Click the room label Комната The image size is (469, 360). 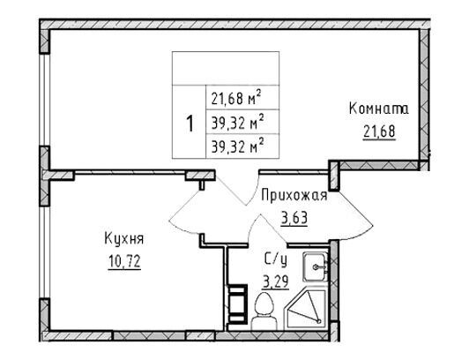pos(379,109)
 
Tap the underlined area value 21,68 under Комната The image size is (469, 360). pos(380,131)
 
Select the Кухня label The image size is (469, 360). pos(123,239)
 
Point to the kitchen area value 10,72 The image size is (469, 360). pos(124,262)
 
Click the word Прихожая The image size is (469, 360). pos(294,196)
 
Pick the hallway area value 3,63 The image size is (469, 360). pos(294,219)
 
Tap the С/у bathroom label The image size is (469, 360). pos(276,259)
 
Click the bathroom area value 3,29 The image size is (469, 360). pos(275,281)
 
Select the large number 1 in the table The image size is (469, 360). pos(190,124)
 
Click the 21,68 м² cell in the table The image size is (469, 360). pos(242,98)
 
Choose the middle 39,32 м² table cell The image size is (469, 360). pos(242,122)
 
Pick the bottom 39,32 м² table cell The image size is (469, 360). pos(242,146)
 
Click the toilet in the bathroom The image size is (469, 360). pos(264,311)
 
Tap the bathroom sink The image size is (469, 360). pos(315,266)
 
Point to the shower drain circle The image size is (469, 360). pos(318,321)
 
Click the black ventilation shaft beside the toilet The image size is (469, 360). pos(238,304)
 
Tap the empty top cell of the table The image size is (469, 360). pos(226,68)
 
